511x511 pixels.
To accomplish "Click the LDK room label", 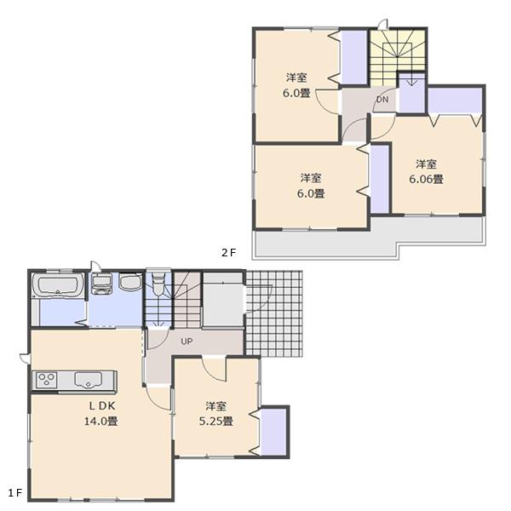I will (x=100, y=407).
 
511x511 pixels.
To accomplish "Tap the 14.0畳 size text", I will (x=100, y=421).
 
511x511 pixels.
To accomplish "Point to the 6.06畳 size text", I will (x=426, y=179).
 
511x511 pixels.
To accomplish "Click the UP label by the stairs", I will (x=185, y=342).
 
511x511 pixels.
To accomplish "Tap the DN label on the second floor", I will (x=382, y=100).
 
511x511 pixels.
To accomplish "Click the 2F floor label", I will (x=228, y=252).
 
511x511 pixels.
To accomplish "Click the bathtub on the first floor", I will (x=57, y=284).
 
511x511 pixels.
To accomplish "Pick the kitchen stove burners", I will (x=46, y=379).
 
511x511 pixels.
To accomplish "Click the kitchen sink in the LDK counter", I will (x=87, y=379).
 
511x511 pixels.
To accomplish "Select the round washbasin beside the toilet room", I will (x=129, y=284).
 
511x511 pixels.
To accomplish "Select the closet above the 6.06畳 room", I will (x=454, y=100).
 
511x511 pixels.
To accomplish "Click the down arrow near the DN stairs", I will (x=411, y=81).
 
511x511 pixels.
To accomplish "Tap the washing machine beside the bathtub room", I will (x=101, y=283).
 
